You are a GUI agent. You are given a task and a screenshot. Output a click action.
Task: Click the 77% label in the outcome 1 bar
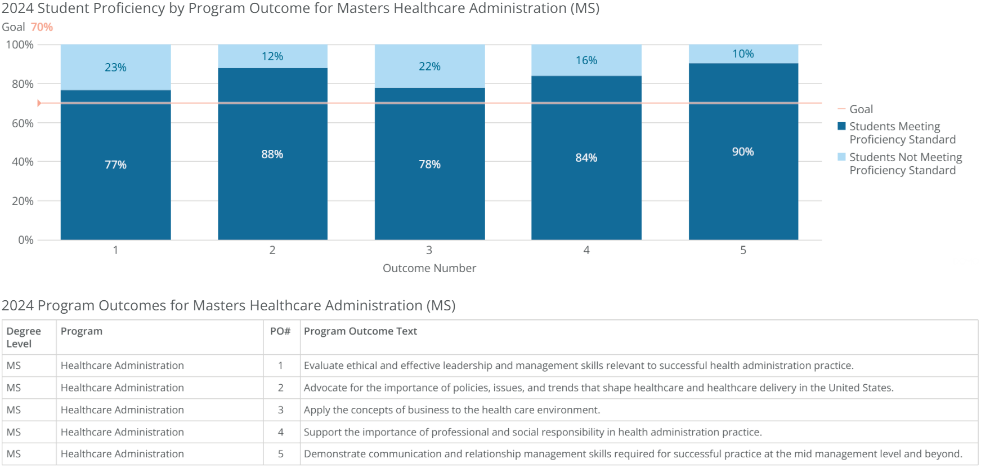[115, 165]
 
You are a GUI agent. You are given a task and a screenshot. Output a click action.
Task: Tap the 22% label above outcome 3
[429, 66]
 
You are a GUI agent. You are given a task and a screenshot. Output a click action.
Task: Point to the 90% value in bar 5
[742, 152]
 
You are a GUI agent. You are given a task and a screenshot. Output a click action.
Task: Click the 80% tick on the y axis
[23, 84]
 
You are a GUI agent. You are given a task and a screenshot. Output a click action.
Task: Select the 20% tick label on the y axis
[23, 201]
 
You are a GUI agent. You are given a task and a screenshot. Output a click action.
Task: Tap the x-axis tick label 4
[586, 250]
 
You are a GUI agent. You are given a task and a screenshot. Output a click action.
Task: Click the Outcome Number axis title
[429, 268]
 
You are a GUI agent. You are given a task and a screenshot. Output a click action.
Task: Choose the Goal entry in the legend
[861, 109]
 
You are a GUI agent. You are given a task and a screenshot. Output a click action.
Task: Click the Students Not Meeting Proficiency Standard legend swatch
[841, 157]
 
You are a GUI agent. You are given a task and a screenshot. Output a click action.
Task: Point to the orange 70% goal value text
[42, 27]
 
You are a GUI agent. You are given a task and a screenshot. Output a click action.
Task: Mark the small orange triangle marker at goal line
[39, 103]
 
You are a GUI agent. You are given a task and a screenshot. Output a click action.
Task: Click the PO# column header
[280, 331]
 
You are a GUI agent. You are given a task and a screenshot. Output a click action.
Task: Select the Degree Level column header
[24, 337]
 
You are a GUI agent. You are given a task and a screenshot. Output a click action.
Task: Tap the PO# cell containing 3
[280, 410]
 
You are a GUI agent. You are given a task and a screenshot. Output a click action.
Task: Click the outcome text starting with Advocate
[598, 388]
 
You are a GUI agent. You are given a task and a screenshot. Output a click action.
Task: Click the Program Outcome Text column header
[360, 331]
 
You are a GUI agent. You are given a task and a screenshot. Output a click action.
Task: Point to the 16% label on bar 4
[586, 60]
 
